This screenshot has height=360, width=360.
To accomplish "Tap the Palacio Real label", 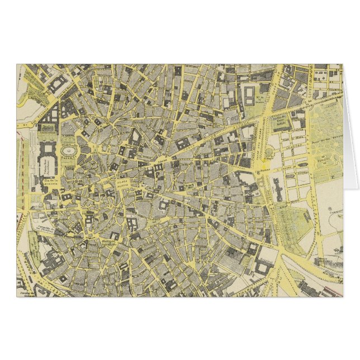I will click(45, 165).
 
